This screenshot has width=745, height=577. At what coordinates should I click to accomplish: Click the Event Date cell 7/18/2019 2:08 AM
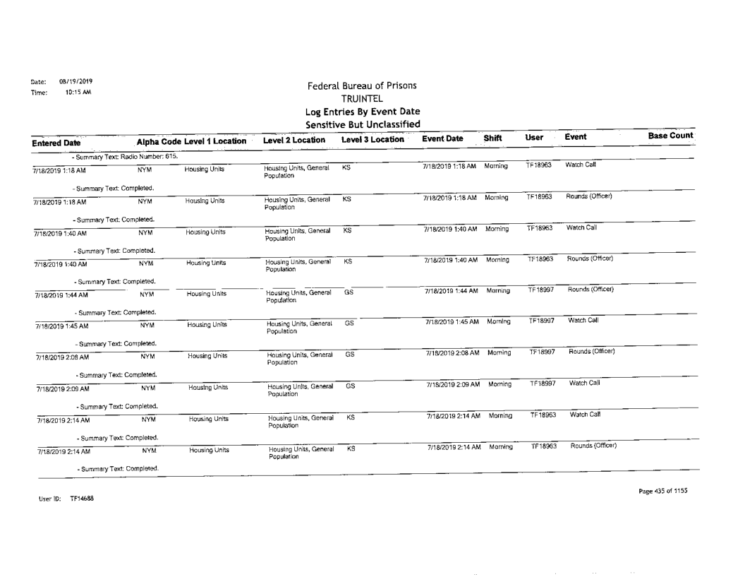[x=449, y=351]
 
